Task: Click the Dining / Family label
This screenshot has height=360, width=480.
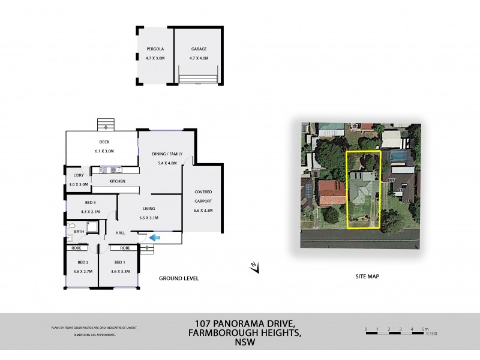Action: point(167,154)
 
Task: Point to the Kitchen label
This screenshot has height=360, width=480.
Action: point(116,181)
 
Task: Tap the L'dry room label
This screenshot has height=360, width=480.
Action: point(78,176)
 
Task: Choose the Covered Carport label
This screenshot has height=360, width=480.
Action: point(203,195)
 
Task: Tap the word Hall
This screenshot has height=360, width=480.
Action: point(120,233)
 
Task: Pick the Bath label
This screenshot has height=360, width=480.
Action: point(79,231)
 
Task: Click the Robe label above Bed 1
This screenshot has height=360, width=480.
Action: point(125,247)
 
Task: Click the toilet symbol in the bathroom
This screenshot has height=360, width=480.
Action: point(68,238)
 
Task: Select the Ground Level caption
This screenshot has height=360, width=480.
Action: point(179,278)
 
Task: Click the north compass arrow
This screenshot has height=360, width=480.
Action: point(255,268)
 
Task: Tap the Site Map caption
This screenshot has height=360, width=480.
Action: point(366,277)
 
